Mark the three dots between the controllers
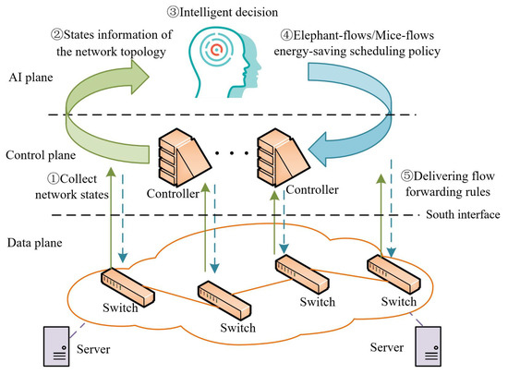(x=234, y=149)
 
